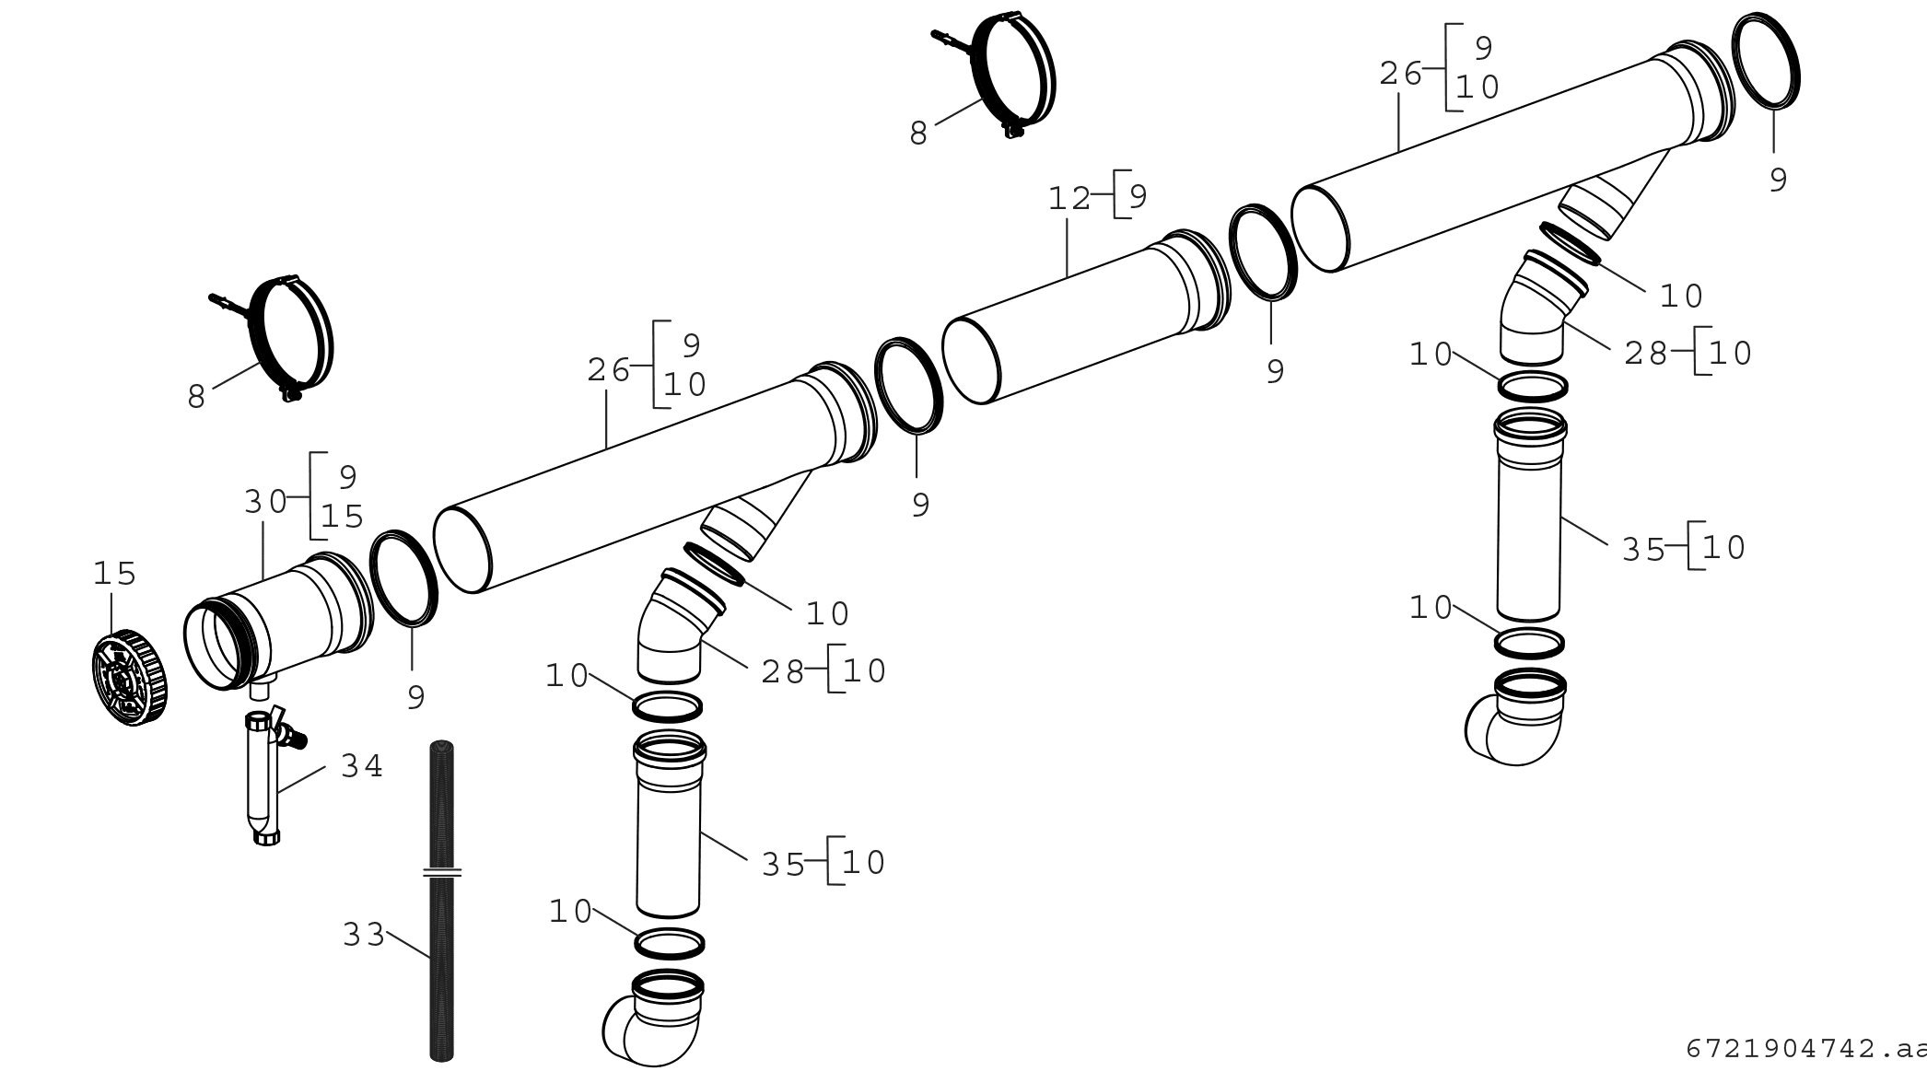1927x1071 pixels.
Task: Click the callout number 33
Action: point(364,935)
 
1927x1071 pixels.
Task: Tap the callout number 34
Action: point(362,765)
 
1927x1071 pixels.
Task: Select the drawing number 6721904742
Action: point(1781,1049)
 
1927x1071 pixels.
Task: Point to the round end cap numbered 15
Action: point(131,678)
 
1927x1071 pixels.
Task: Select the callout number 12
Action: point(1069,198)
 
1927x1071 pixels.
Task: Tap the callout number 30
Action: point(265,502)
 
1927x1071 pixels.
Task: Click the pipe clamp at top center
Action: point(998,76)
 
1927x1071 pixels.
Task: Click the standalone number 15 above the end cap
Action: point(114,574)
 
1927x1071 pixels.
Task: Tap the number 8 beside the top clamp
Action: point(918,134)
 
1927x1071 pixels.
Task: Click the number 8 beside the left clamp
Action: point(196,398)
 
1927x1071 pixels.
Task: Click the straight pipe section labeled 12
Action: point(1086,317)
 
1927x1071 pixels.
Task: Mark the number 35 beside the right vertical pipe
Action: point(1643,551)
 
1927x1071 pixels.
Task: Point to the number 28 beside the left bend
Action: point(783,673)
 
